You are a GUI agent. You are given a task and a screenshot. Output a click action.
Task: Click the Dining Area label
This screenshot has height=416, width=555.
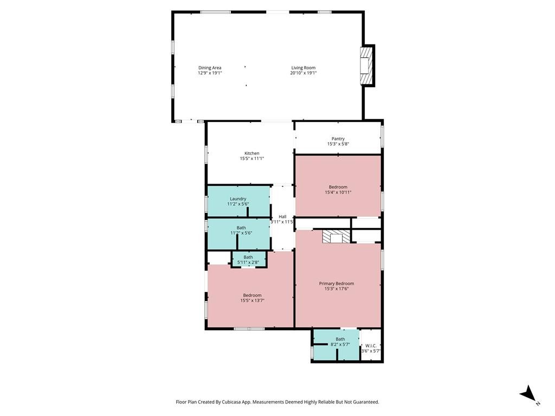point(210,68)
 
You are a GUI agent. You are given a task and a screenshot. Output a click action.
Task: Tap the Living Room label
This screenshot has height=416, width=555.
point(304,68)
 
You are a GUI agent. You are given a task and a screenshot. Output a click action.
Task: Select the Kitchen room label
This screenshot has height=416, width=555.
point(251,153)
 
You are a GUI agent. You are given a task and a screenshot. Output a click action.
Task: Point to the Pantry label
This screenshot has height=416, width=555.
point(338,139)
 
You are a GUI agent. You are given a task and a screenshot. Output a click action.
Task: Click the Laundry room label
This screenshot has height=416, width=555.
point(238,199)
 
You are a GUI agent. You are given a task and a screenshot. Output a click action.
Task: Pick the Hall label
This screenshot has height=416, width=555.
point(282,217)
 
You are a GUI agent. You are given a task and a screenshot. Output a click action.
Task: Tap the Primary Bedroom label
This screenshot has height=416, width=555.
point(336,283)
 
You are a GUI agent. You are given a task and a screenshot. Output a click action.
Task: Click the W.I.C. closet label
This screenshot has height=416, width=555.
point(371,346)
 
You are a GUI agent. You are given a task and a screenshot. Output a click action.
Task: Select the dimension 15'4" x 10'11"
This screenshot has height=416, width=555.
point(338,192)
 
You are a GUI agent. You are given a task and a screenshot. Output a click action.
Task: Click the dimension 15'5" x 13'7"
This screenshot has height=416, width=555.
point(253,301)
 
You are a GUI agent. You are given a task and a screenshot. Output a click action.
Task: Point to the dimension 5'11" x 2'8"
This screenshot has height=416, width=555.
point(248,263)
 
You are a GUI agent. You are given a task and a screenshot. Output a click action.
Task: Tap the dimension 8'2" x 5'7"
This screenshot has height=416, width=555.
point(340,344)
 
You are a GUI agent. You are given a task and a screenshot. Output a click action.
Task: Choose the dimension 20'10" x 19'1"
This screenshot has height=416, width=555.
point(304,73)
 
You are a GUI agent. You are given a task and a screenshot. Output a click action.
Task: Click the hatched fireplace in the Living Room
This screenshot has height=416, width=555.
point(366,66)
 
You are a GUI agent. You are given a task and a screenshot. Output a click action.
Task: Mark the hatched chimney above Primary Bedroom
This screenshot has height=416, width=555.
point(336,237)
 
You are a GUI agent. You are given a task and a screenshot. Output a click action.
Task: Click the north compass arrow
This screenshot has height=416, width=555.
point(528,393)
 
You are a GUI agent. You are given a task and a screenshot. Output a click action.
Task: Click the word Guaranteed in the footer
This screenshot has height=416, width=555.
point(366,402)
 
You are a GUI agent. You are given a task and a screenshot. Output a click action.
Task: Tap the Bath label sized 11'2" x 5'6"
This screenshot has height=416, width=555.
point(241,228)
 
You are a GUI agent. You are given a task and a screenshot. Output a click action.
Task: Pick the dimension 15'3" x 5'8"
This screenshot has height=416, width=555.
point(338,144)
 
